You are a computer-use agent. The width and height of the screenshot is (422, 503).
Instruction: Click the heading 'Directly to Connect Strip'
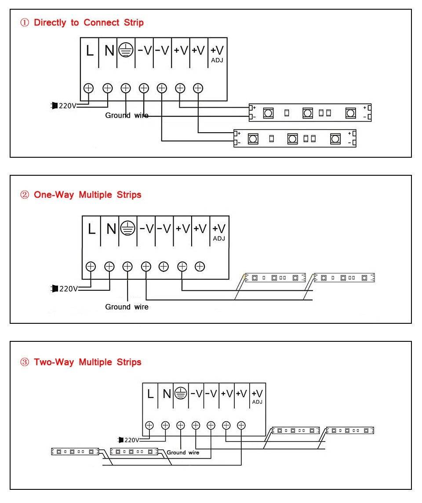click(88, 22)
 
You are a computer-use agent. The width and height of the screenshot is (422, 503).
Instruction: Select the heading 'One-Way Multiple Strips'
click(87, 195)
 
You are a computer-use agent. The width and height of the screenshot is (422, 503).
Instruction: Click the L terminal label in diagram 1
click(90, 51)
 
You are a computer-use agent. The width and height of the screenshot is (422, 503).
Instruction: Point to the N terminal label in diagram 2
click(111, 229)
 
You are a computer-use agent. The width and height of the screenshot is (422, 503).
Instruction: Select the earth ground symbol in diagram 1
click(126, 51)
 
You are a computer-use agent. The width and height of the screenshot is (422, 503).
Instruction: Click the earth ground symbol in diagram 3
click(180, 394)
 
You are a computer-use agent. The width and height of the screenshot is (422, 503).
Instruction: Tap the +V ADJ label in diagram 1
click(217, 53)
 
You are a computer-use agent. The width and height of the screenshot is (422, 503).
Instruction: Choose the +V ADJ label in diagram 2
click(219, 232)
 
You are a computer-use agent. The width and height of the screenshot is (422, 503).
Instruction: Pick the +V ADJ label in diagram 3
click(258, 396)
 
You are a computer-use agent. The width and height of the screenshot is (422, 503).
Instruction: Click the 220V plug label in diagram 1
click(67, 106)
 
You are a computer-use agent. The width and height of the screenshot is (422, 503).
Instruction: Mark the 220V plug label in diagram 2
click(68, 289)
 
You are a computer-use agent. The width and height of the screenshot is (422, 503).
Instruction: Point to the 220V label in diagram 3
click(131, 440)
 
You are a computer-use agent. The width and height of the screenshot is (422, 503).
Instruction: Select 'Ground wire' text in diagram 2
click(127, 307)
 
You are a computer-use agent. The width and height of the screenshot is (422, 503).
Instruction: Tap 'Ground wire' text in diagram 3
click(183, 452)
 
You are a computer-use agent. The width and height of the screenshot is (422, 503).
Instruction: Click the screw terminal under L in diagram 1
click(89, 88)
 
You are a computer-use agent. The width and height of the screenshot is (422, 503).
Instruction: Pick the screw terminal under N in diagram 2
click(109, 266)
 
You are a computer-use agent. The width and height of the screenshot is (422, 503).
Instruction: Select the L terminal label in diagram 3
click(150, 394)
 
